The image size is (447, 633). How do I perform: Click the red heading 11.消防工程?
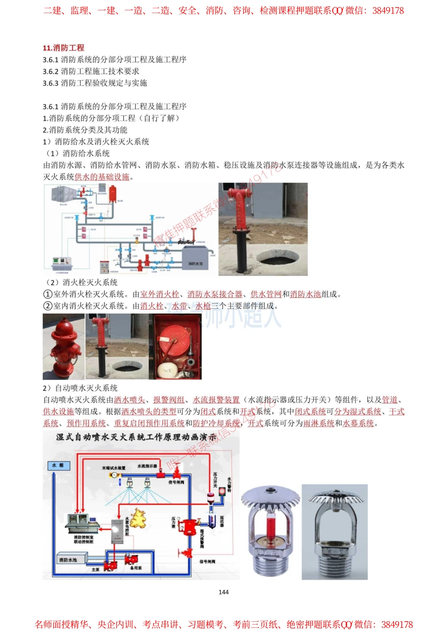tap(63, 48)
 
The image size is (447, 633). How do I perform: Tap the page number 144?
tap(223, 592)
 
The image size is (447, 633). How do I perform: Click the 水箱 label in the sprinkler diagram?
tap(58, 465)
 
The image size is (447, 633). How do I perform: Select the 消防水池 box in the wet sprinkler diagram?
tap(68, 560)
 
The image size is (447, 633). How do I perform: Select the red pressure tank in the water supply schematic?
tap(113, 193)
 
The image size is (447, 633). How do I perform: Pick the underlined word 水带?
tap(179, 306)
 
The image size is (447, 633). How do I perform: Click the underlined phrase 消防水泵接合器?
tap(215, 294)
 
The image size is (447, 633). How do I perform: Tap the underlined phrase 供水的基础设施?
tap(102, 177)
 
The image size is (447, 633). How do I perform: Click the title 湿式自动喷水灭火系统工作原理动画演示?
tap(136, 437)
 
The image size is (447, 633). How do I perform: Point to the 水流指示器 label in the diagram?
tap(147, 466)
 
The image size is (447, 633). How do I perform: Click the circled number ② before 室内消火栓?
tap(48, 306)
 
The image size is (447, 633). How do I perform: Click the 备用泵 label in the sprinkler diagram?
tap(136, 568)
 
